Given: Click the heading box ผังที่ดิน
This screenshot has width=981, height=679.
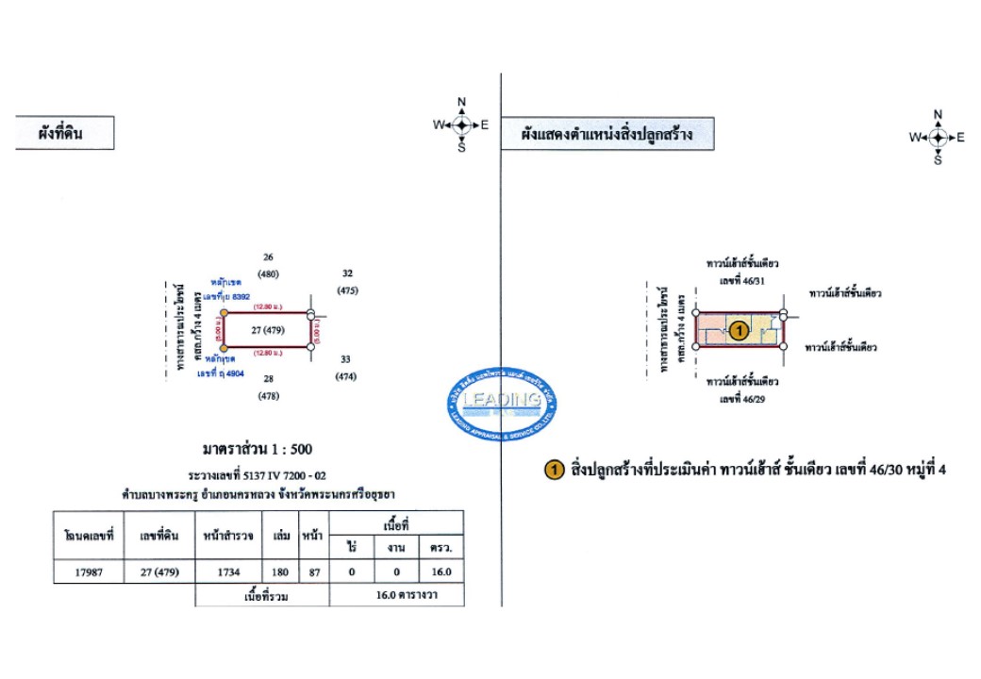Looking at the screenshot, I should coord(63,134).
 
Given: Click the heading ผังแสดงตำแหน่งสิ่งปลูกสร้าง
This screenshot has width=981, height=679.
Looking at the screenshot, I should coord(607,134).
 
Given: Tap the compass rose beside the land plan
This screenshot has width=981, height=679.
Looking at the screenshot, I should coord(461,124).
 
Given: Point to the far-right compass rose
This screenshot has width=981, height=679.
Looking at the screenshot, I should coord(938,138).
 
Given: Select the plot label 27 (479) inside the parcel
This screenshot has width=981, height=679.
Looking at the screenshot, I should coord(268,331).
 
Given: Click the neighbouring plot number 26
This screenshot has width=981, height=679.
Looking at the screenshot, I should coord(268,257).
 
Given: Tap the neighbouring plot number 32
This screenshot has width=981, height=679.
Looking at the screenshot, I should coord(347,273).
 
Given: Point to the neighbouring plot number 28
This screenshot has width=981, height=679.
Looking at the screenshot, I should coord(268,379).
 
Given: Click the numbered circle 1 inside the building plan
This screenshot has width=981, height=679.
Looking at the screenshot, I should coord(740,330).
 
